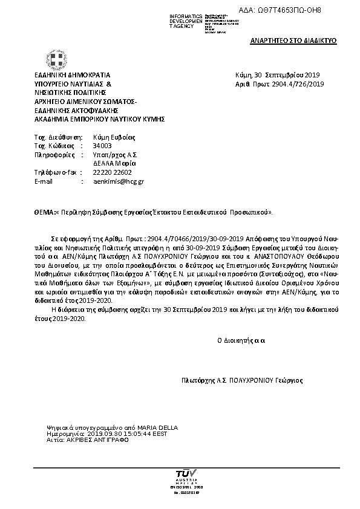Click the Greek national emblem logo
tap(57, 60)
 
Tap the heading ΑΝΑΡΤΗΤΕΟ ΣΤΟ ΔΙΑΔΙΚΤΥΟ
tap(293, 40)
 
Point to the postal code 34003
tap(102, 146)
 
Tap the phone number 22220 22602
tap(112, 172)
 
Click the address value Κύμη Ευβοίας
tap(114, 137)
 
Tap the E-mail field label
tap(44, 181)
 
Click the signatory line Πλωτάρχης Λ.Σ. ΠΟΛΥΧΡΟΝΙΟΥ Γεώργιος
tap(243, 380)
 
